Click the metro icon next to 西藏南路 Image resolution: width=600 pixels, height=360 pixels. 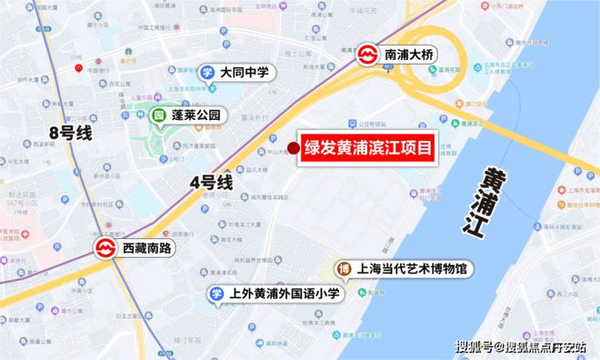tap(104, 247)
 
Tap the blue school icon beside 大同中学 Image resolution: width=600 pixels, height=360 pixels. tap(207, 71)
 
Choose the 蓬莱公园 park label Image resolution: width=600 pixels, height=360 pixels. tap(201, 116)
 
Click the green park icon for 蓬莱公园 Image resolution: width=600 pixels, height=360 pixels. tap(158, 116)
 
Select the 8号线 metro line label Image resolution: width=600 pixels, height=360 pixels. tap(71, 133)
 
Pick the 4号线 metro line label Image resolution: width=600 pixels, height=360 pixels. tap(211, 182)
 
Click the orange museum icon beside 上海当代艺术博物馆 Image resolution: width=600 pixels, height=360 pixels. tap(345, 269)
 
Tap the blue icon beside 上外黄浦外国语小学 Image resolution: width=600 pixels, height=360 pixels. tap(216, 294)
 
